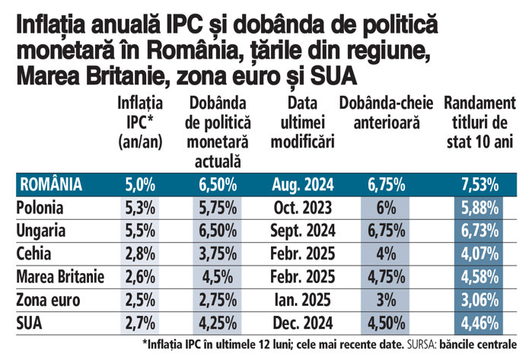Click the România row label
(x=52, y=183)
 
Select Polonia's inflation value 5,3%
(x=140, y=208)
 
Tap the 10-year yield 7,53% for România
(x=479, y=183)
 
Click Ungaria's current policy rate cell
(x=217, y=230)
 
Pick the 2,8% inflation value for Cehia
(x=140, y=252)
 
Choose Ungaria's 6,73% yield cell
(x=479, y=230)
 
